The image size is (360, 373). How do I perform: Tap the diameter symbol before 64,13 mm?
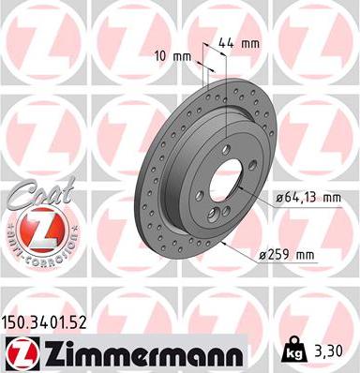pyautogui.click(x=280, y=196)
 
